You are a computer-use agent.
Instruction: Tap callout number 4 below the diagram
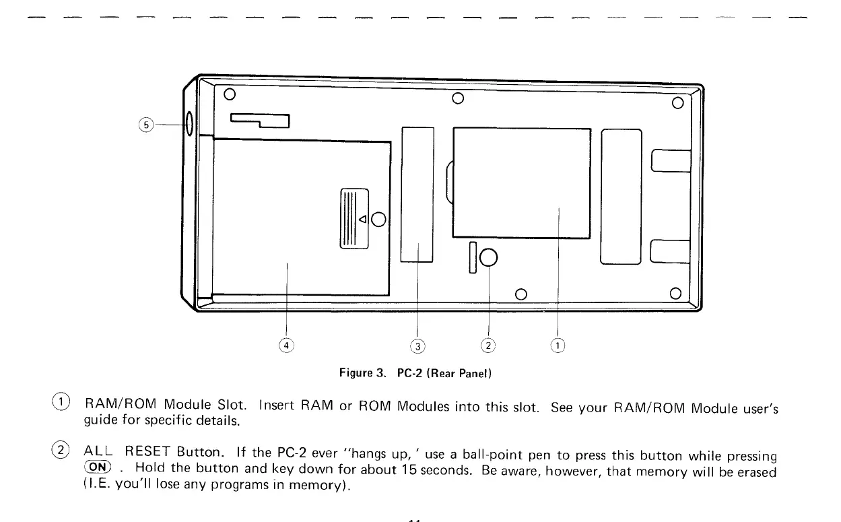point(287,346)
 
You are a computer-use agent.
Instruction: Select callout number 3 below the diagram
point(418,347)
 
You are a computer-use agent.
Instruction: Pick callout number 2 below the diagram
point(488,346)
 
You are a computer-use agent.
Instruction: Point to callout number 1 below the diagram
point(558,346)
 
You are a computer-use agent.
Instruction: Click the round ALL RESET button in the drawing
point(488,257)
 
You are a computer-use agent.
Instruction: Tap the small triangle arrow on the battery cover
point(363,219)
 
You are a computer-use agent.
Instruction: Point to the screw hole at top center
point(458,100)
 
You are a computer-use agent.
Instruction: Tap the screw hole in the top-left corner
point(229,94)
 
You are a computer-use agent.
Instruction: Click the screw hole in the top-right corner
point(677,104)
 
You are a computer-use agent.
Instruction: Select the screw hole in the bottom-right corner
point(676,293)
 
